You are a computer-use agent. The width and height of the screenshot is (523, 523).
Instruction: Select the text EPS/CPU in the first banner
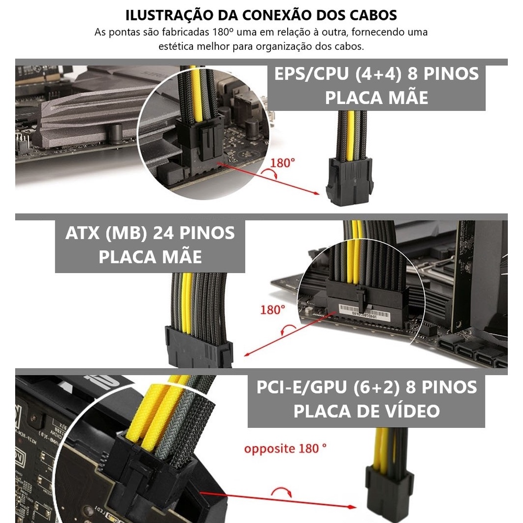(x=311, y=74)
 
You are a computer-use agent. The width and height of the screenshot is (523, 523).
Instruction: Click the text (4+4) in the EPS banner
(x=378, y=74)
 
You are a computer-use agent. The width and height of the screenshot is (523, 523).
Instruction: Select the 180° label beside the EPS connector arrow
(x=282, y=163)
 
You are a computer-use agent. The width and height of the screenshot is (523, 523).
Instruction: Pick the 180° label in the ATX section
(x=272, y=310)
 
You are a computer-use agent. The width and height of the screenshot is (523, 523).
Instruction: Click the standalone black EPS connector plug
(x=350, y=181)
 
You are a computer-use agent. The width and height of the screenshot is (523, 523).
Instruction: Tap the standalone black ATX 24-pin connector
(x=199, y=347)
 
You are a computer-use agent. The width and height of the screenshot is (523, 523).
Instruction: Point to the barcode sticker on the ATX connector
(x=363, y=312)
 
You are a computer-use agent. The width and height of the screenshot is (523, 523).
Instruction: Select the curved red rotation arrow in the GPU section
(x=282, y=491)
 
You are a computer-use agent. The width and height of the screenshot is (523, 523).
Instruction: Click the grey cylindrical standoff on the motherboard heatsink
(x=116, y=133)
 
